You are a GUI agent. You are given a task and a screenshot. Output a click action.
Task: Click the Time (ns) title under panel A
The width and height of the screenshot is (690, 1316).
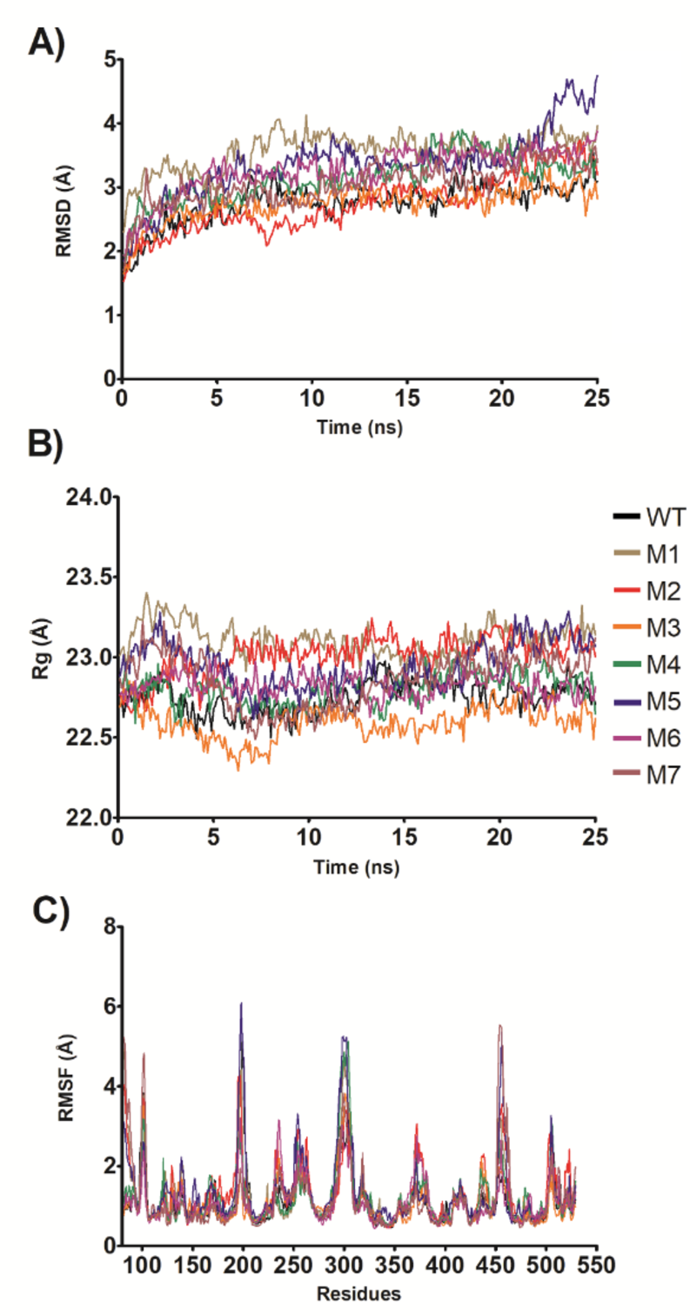pos(358,427)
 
